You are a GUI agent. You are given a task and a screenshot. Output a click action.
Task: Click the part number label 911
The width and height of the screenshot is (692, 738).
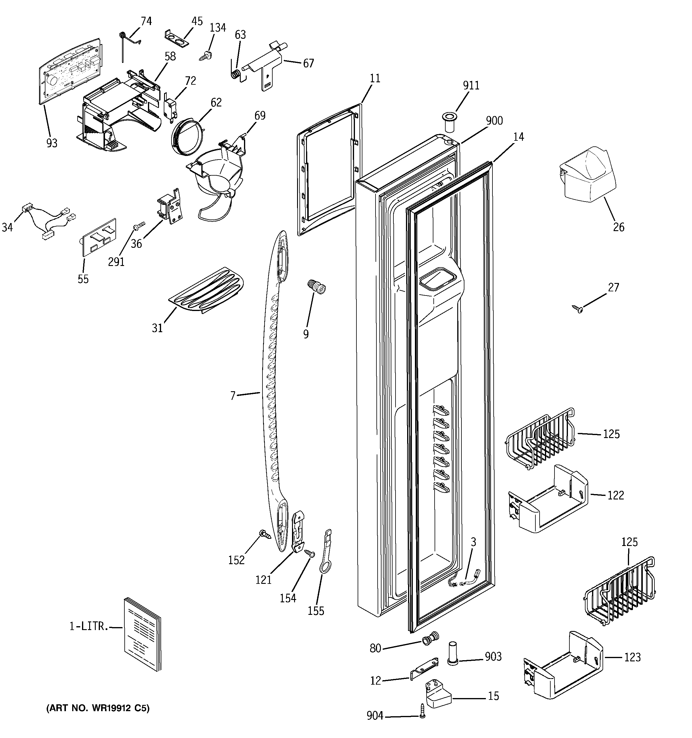pos(471,86)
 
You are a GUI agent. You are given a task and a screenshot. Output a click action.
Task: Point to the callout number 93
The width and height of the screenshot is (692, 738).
pos(52,143)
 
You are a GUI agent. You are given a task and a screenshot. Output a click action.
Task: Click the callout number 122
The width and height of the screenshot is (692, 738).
pos(615,495)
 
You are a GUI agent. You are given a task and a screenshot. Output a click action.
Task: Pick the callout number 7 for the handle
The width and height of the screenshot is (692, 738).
pos(233,396)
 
